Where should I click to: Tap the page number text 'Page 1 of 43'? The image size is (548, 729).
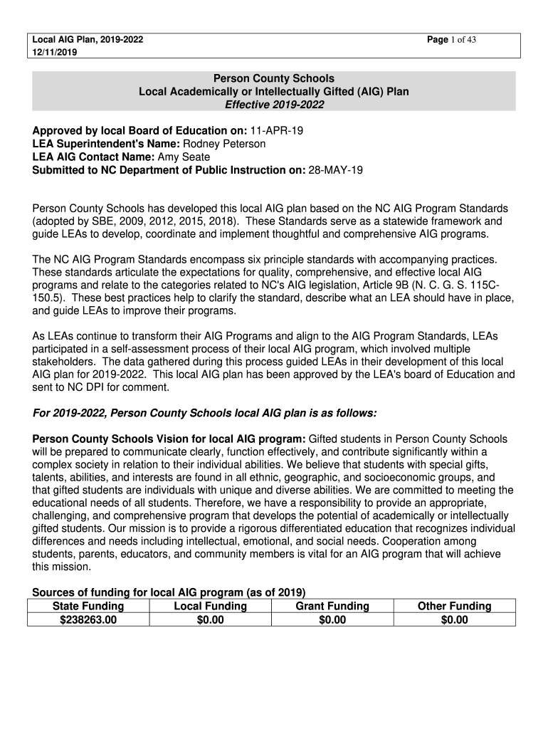[x=451, y=40]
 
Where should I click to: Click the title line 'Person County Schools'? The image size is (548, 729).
[x=274, y=78]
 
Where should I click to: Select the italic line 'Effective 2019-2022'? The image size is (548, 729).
[x=274, y=105]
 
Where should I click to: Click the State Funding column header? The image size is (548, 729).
[x=88, y=607]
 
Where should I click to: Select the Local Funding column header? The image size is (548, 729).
[x=211, y=607]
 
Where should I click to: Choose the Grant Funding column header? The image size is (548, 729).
[x=332, y=607]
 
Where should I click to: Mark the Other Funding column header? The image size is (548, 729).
[x=455, y=607]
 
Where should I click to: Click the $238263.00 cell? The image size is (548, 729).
[x=88, y=620]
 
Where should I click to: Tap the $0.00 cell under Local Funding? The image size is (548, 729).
[x=211, y=620]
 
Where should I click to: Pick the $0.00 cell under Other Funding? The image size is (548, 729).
[x=455, y=620]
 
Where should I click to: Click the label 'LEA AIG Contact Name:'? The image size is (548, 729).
[x=85, y=157]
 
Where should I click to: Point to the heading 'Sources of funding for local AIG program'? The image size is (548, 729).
[x=169, y=592]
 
